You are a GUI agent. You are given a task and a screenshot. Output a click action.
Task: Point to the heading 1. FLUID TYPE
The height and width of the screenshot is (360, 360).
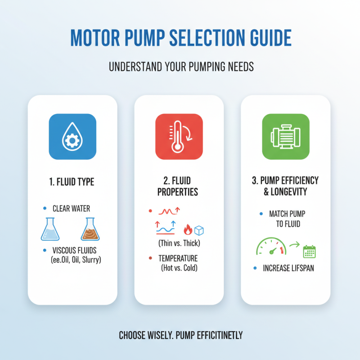[x=72, y=183]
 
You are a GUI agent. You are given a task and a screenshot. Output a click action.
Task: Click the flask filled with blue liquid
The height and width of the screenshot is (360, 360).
[x=50, y=229]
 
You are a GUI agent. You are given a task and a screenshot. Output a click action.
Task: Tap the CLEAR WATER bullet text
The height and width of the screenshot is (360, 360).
[x=71, y=208]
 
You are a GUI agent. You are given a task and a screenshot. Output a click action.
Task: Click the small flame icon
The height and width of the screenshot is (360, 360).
[x=188, y=230]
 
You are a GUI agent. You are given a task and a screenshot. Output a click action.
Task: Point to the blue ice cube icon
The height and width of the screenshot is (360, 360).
[x=199, y=230]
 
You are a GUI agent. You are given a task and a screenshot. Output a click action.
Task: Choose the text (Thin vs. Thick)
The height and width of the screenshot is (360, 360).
[x=179, y=243]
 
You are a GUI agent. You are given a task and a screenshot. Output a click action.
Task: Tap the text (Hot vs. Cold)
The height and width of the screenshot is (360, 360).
[x=179, y=268]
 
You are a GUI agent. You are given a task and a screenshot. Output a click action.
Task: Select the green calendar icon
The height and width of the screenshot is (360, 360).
[x=309, y=251]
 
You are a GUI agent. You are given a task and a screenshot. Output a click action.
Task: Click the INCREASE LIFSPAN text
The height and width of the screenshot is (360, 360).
[x=289, y=268]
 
